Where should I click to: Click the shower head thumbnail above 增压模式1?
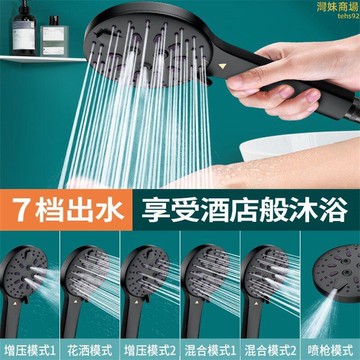[x=30, y=280]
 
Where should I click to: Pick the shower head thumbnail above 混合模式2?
[x=268, y=280]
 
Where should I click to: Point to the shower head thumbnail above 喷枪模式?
[x=329, y=280]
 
